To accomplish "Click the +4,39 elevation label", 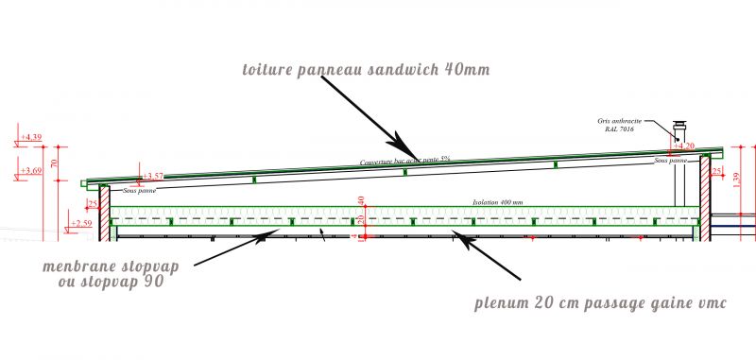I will point(31,138).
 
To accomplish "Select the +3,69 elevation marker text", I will point(31,171).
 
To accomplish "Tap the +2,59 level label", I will point(82,224).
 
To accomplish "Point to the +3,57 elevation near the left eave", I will point(152,176).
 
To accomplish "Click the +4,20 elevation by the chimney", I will point(686,146).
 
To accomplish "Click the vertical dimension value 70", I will point(54,163).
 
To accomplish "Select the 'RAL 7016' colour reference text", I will point(619,129).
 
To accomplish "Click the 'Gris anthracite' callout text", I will point(619,120).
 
